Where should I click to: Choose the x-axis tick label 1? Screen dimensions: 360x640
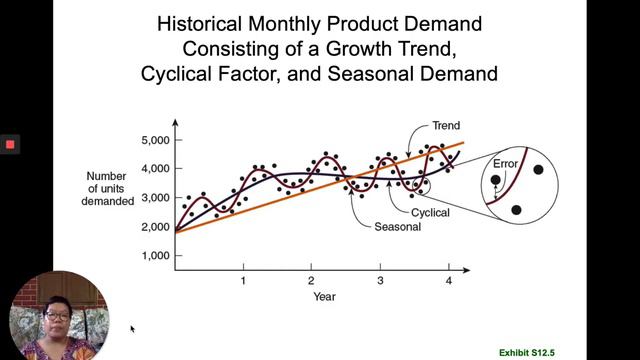coord(243,281)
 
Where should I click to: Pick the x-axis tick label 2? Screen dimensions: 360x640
coord(311,281)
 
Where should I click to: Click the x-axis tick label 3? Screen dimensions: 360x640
coord(380,281)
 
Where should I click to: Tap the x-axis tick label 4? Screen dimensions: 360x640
coord(448,281)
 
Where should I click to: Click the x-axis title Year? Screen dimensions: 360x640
coord(324,296)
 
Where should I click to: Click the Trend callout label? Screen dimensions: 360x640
coord(445,126)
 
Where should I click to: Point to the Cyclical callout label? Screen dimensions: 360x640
coord(430,213)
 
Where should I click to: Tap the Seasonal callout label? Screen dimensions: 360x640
coord(397,227)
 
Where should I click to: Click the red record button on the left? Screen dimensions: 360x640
coord(10,144)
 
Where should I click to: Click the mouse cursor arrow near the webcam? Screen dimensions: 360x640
coord(132,327)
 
